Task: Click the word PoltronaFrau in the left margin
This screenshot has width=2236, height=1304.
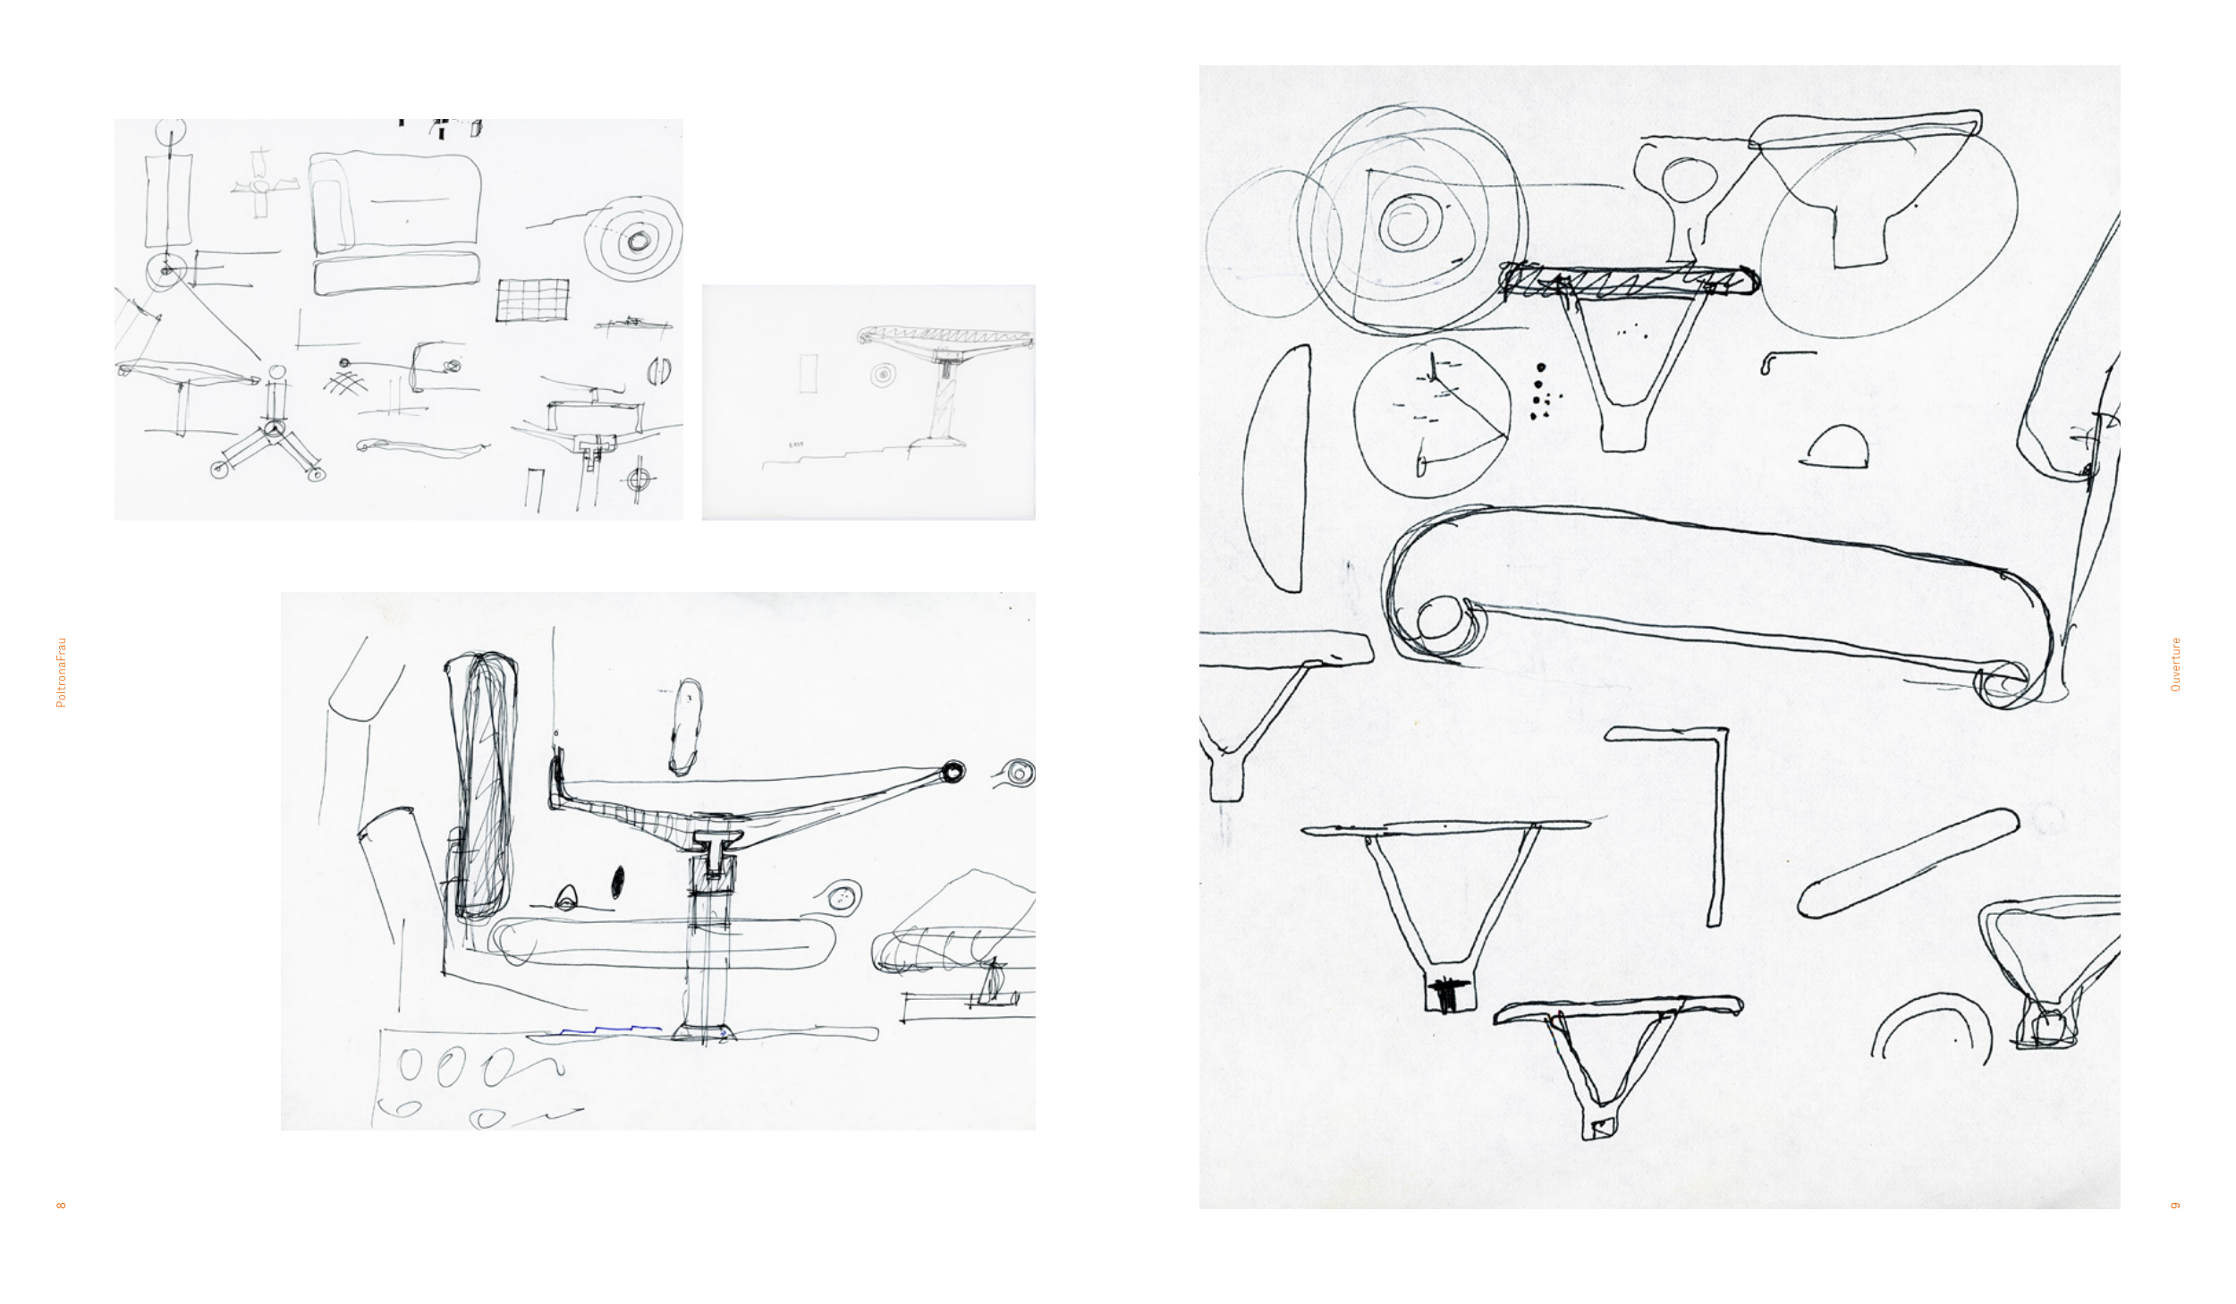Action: [61, 673]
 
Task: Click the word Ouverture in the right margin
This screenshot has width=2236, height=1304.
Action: [2175, 665]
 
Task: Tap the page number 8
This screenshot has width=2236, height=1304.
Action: [61, 1205]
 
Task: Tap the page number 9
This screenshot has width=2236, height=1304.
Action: [2175, 1205]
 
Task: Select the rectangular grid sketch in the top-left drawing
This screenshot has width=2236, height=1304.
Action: [533, 300]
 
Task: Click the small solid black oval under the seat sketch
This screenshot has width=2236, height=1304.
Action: [617, 883]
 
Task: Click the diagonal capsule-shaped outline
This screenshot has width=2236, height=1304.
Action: [1907, 864]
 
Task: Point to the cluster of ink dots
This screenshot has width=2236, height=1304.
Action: [1541, 392]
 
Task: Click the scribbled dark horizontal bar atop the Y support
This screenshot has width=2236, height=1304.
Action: [1628, 281]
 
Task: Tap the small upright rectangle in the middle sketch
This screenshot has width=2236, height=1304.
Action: [808, 373]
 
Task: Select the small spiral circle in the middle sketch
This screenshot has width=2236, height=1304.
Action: [884, 374]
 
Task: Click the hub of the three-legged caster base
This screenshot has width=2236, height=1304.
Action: [273, 430]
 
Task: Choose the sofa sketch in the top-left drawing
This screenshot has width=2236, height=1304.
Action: [394, 224]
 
